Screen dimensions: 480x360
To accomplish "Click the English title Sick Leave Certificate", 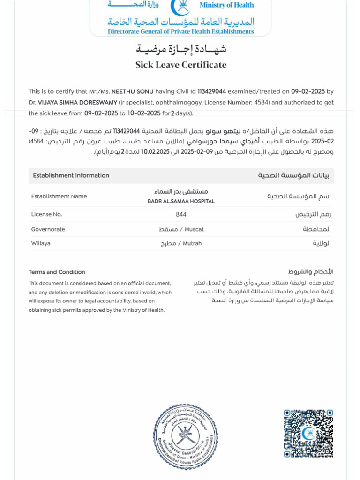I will point(181,65).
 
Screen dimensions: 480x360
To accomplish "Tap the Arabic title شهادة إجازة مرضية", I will point(181,49).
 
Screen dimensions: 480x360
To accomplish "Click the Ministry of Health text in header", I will point(226,5).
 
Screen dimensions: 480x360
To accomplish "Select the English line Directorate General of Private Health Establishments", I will point(180,32).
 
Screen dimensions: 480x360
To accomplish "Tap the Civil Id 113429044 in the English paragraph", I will point(212,92).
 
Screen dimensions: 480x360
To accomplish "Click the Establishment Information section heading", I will point(71,175).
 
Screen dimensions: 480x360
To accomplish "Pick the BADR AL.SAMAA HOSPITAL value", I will point(181,201).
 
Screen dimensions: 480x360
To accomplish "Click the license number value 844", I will point(181,214).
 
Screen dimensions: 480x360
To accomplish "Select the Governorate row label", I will point(48,229).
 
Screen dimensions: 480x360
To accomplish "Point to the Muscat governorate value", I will point(194,229).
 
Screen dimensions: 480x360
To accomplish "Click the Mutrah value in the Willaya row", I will point(192,243).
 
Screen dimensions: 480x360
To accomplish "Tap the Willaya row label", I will point(41,243).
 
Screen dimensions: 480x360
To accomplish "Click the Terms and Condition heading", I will point(57,272).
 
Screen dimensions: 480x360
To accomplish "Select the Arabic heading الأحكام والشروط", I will point(310,272).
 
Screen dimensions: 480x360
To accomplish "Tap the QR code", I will point(308,434).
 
